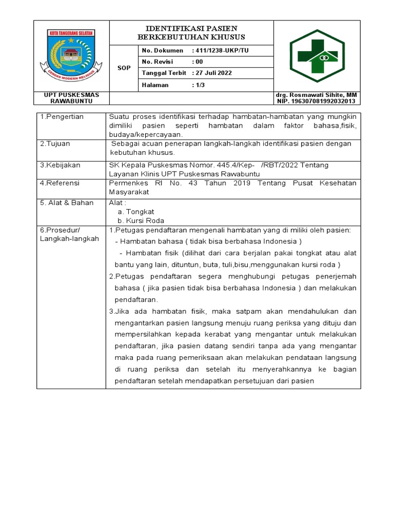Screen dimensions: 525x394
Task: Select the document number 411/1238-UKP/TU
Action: pos(221,50)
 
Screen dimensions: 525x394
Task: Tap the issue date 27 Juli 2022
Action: pos(212,73)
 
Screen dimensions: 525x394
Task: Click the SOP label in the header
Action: pos(124,68)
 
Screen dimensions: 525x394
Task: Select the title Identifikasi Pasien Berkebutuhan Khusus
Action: pos(191,33)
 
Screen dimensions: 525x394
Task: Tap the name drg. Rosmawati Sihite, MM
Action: pos(317,95)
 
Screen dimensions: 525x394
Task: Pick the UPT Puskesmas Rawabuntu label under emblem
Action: pos(71,98)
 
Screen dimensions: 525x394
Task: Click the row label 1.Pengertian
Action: pos(62,117)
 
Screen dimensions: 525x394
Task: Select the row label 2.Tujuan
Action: pos(55,144)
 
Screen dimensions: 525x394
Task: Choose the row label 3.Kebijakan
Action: pos(60,166)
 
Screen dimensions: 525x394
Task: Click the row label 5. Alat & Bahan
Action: pos(67,203)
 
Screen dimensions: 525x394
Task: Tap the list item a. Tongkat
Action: pos(136,212)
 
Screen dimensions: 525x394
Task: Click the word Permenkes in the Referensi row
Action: pos(128,183)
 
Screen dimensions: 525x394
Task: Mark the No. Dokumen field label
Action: pos(162,50)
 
